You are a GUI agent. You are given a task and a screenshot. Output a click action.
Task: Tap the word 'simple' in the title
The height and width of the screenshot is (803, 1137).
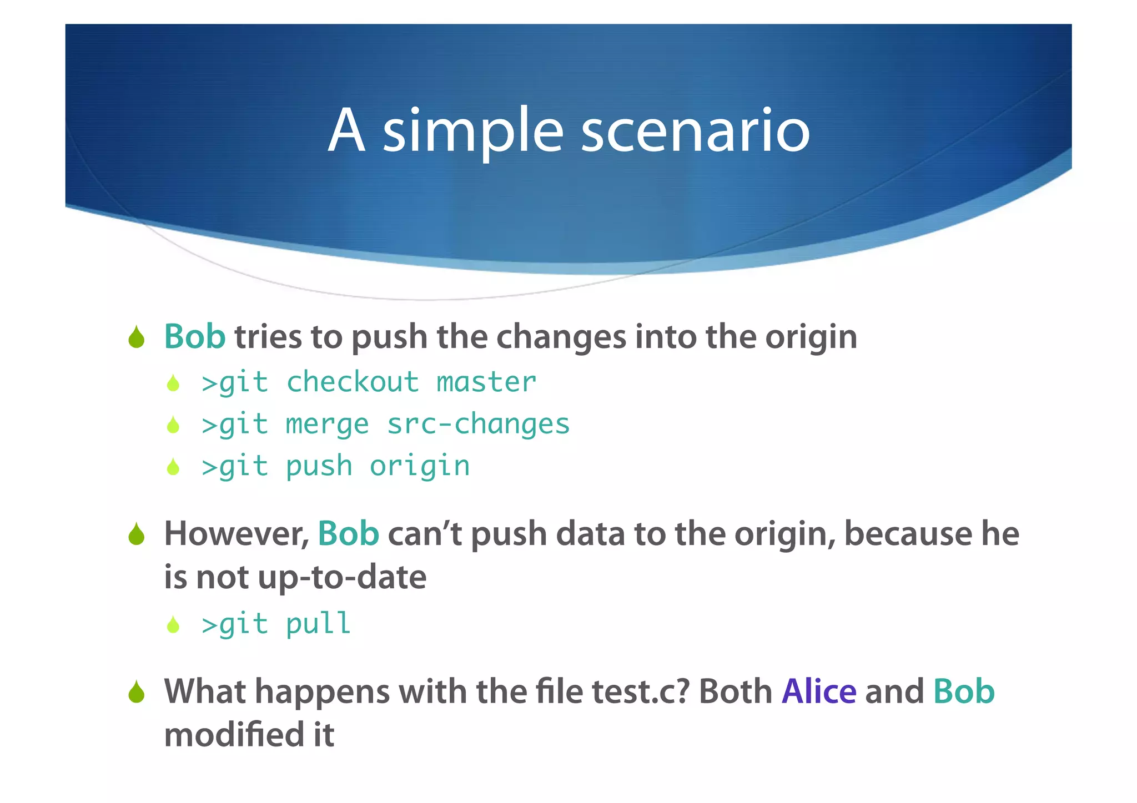473,132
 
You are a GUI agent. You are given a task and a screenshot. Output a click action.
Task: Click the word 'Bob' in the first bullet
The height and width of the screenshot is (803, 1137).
194,337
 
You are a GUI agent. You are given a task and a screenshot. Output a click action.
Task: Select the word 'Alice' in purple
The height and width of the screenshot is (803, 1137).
819,691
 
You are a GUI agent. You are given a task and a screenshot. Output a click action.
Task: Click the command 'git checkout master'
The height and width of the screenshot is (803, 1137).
369,382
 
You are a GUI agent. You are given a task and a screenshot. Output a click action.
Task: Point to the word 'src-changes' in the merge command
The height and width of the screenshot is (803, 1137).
478,425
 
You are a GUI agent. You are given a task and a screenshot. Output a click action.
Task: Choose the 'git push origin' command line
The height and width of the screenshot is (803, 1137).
336,466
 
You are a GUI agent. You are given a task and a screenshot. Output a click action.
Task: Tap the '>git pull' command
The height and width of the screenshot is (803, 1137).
276,624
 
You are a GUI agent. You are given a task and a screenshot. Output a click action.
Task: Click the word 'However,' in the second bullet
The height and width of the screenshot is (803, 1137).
237,534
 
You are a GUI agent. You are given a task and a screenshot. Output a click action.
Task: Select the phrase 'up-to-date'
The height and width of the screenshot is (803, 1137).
342,577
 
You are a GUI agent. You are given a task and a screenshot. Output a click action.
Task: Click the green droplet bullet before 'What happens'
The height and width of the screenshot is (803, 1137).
136,693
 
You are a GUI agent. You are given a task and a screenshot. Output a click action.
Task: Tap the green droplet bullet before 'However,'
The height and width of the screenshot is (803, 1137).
136,534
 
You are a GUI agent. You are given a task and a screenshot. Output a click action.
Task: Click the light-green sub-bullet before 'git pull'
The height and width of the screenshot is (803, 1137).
173,625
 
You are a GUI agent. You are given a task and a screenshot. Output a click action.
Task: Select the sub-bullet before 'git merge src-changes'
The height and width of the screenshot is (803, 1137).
173,425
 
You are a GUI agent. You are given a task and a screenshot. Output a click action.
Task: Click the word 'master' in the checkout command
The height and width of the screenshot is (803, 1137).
486,382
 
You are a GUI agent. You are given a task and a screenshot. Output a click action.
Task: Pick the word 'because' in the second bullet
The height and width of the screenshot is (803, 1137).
908,534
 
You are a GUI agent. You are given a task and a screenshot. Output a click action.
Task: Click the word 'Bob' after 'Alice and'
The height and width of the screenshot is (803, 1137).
964,691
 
